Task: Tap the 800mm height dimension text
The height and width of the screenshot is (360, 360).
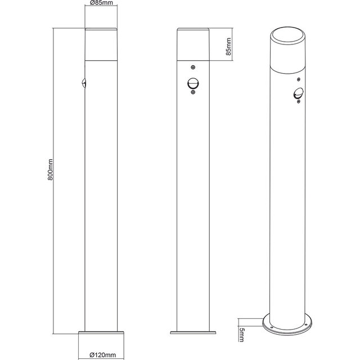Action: (51, 168)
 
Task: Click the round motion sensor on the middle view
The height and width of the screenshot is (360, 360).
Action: (193, 84)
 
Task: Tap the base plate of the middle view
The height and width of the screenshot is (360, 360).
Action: (193, 331)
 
